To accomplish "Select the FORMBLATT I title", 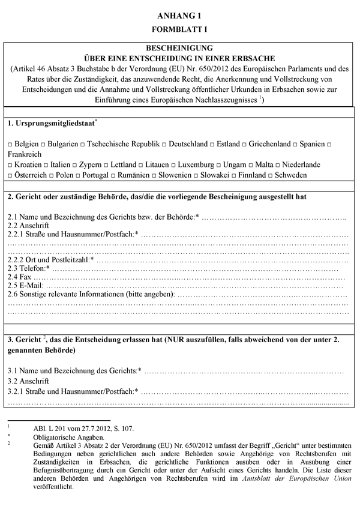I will pos(179,28).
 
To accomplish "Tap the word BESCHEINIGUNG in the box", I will pos(179,47).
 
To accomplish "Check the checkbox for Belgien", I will pos(11,145).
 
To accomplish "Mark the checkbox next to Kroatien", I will pos(11,164).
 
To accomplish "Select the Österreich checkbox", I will pos(11,175).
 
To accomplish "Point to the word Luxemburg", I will pos(197,164).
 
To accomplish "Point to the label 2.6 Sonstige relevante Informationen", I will pos(90,295).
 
